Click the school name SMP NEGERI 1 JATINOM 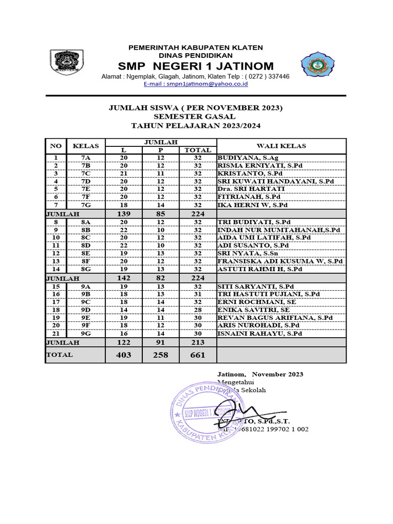pos(195,66)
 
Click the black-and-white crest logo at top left pos(63,63)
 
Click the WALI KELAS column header pos(281,146)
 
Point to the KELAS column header pos(85,146)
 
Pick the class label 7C pos(85,173)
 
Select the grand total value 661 pos(198,355)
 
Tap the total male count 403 pos(123,355)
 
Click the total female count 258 pos(160,355)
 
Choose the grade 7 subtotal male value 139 pos(123,213)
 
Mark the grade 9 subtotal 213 pos(198,342)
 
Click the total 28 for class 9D pos(198,310)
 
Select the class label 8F pos(85,261)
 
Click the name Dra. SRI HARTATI pos(251,189)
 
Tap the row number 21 pos(56,333)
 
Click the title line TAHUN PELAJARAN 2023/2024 pos(195,125)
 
